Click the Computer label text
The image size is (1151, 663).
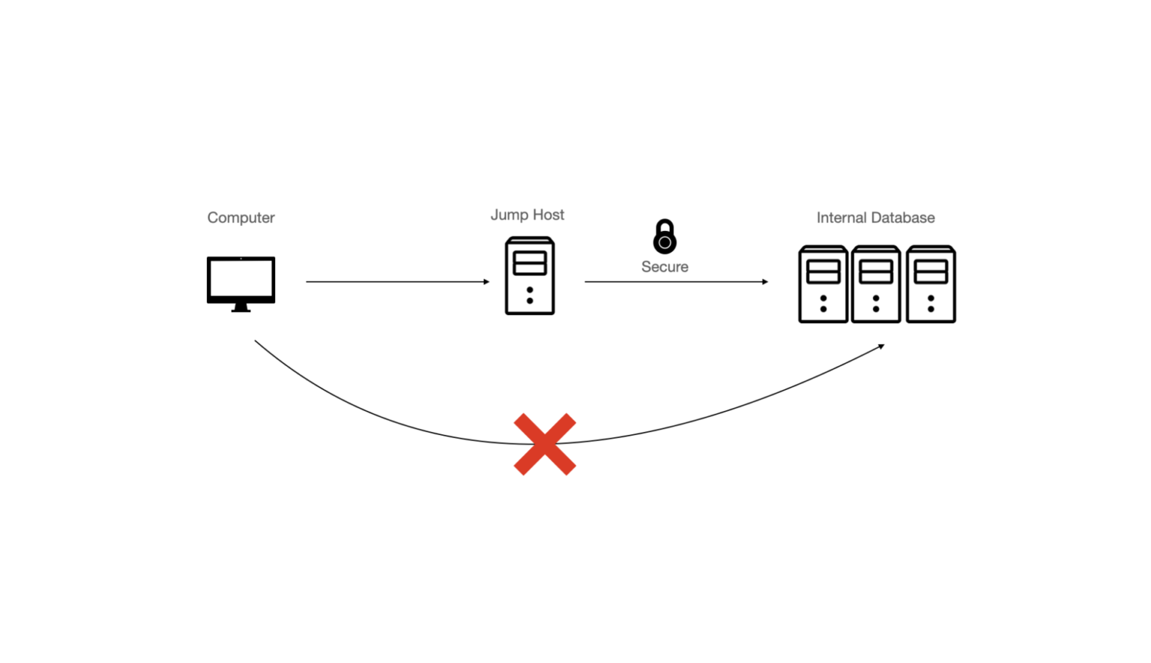point(241,217)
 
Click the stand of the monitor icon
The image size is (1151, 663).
point(241,307)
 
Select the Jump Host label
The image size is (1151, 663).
point(527,214)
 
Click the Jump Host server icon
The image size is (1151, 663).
point(530,276)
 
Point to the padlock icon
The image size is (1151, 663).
point(665,236)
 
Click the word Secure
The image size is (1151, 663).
point(665,267)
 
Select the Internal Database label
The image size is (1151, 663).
point(875,217)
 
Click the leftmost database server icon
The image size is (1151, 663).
point(823,284)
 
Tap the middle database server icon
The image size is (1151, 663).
point(876,284)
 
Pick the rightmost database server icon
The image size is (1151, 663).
point(931,284)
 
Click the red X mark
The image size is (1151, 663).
point(545,444)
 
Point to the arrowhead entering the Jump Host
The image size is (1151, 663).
point(486,282)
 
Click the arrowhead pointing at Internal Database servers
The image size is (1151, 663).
point(765,282)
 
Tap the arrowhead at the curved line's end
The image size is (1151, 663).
point(881,346)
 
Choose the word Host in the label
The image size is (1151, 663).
point(548,214)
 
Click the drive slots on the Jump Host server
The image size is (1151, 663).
point(530,263)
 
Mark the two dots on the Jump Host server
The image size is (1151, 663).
point(530,295)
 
